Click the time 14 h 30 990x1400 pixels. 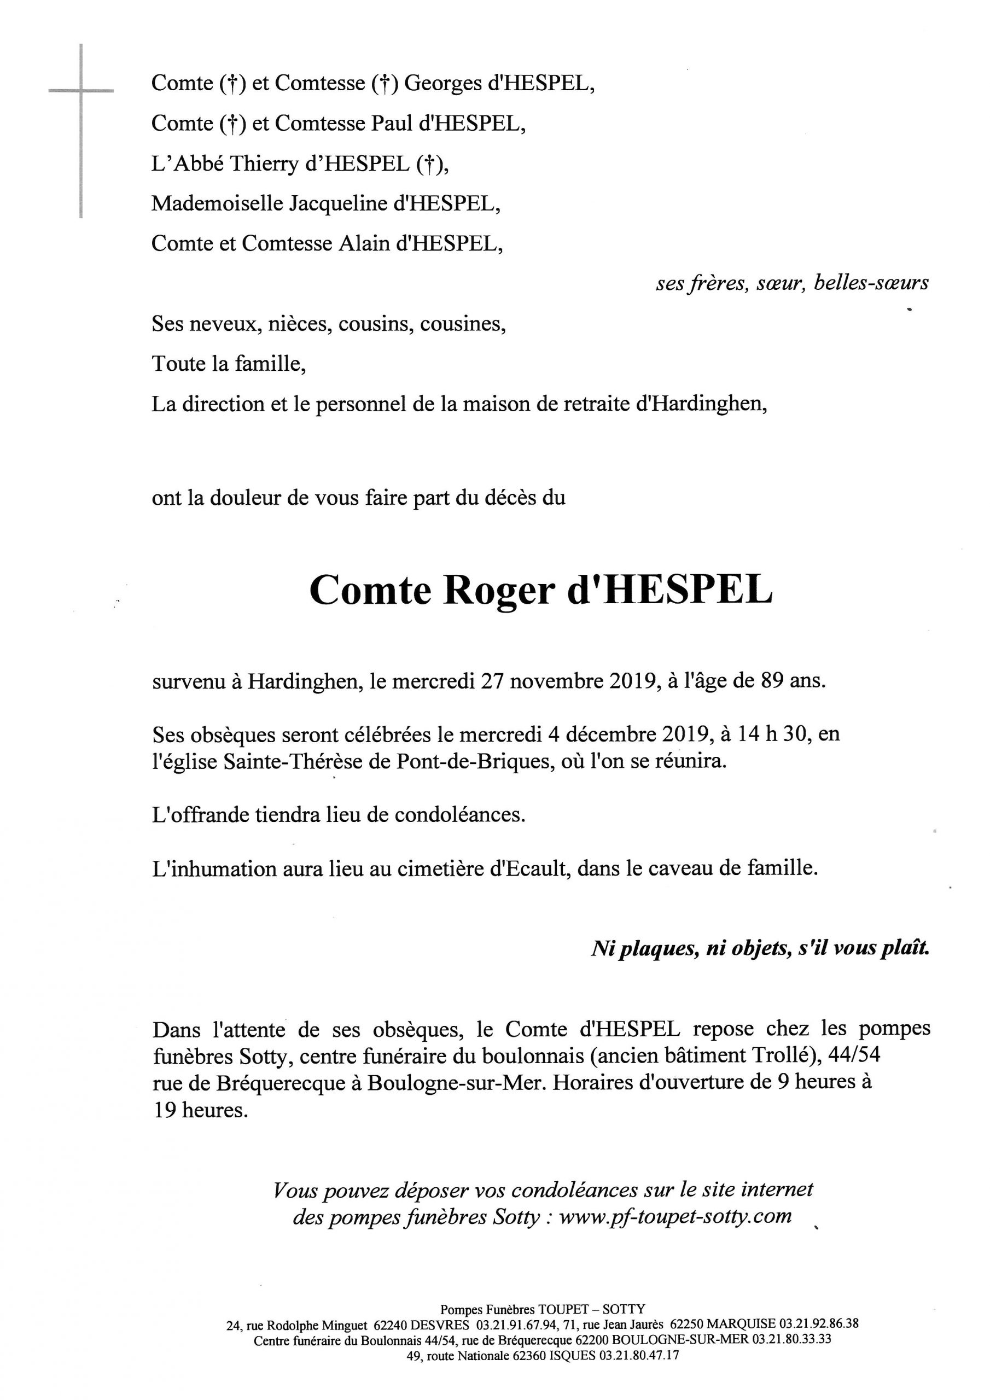point(773,733)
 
